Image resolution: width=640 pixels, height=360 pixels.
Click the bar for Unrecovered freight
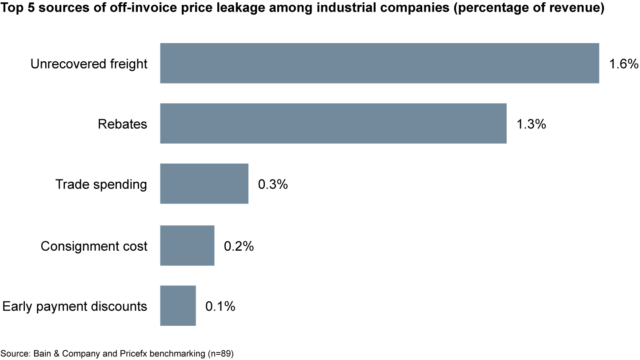(x=379, y=63)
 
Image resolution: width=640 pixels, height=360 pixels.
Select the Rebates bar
(x=333, y=124)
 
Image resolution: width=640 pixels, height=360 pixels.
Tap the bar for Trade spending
(x=204, y=184)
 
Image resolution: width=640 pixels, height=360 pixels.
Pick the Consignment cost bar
(x=187, y=245)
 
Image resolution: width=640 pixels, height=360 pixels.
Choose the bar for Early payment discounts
(x=178, y=305)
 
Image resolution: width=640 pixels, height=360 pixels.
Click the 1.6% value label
(x=624, y=64)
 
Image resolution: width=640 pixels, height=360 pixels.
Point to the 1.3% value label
(x=531, y=124)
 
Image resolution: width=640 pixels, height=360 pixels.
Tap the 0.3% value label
(x=272, y=184)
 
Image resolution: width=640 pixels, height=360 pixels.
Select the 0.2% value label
(x=239, y=246)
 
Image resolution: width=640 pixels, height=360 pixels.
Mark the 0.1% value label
(x=220, y=306)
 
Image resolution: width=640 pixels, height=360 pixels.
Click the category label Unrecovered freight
(x=89, y=64)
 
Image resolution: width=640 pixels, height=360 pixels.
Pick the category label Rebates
(x=122, y=124)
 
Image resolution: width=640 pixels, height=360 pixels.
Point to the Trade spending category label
(x=101, y=184)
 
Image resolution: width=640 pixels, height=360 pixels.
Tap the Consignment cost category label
(x=94, y=246)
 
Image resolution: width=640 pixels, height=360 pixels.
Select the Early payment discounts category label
(x=75, y=306)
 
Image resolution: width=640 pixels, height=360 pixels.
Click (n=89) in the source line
(x=221, y=354)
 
